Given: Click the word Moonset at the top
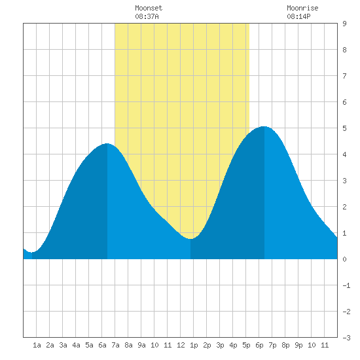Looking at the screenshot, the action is tap(149, 8).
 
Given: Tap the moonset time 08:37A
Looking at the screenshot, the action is tap(147, 16).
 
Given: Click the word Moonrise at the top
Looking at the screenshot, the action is tap(302, 8).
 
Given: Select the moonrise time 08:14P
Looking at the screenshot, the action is tap(298, 16).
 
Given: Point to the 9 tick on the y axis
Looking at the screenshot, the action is tap(344, 24).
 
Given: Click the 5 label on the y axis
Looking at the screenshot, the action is tap(344, 128).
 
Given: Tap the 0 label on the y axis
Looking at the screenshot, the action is tap(344, 259).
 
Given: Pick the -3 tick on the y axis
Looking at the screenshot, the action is tap(346, 338).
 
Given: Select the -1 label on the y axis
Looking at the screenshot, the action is tap(346, 285).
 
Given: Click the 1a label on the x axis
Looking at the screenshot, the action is tap(37, 345).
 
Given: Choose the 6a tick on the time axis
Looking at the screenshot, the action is tap(102, 345).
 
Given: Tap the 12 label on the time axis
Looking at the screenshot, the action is tap(181, 345).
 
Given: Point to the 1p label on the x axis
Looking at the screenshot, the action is tap(194, 345).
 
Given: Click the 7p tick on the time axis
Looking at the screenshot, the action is tap(272, 345).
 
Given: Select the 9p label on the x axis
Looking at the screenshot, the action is tap(298, 345).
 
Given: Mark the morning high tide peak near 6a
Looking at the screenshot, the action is tap(107, 143).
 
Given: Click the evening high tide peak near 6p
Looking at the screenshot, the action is tap(264, 126).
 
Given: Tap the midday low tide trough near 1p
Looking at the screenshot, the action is tap(190, 239).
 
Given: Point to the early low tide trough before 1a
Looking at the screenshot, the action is tap(32, 252).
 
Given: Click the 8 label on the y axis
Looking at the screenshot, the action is tap(344, 50).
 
